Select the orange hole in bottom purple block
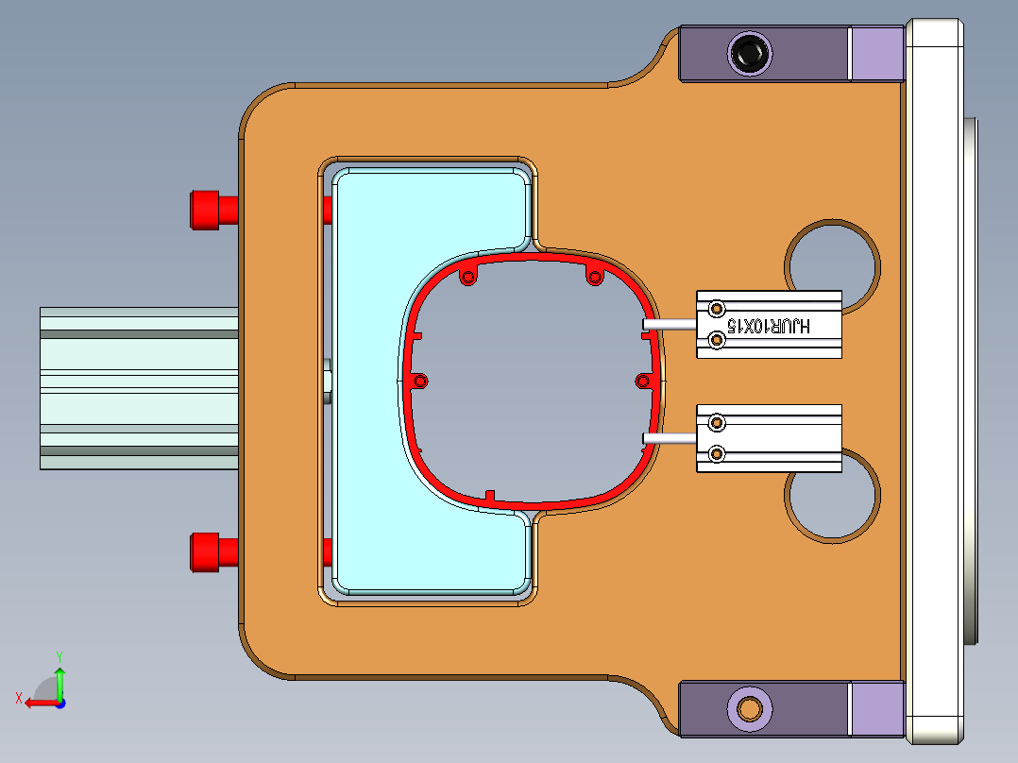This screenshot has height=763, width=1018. pos(751,707)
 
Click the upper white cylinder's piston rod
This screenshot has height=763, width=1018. pos(669,324)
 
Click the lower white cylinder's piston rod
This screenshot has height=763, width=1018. pos(669,437)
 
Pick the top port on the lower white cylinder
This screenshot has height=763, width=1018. pos(717,422)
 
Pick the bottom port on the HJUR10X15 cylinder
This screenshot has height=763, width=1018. pos(717,341)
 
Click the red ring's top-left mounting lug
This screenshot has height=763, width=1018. pos(467,279)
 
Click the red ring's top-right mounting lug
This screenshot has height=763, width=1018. pos(595,277)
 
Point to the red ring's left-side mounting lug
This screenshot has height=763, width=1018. pos(420,381)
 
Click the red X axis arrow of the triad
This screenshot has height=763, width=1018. pos(36,703)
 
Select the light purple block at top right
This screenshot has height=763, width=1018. pos(877,53)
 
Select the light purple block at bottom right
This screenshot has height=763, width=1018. pos(877,709)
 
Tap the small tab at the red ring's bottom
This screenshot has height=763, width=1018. pos(489,496)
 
